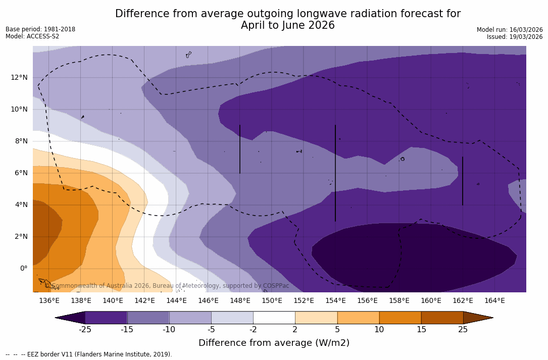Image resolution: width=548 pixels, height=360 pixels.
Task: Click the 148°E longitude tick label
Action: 240,300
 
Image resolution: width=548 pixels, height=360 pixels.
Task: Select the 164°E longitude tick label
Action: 494,300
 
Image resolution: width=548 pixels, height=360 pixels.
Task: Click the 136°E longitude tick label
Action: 49,300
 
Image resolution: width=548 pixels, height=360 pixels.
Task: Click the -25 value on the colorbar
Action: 85,330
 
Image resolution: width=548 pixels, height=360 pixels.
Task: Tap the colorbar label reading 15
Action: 421,330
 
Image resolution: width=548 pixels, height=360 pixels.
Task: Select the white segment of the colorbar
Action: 274,318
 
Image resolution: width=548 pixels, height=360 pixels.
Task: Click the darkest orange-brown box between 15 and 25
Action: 442,318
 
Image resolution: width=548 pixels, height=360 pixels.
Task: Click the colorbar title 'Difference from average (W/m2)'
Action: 274,343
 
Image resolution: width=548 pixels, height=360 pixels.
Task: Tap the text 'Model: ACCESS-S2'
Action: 32,36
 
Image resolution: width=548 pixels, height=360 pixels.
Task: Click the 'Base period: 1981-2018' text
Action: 40,29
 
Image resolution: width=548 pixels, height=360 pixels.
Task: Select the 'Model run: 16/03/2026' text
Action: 510,30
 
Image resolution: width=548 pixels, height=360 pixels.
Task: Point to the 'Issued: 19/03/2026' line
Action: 515,37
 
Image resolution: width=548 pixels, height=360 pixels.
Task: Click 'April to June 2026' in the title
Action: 287,25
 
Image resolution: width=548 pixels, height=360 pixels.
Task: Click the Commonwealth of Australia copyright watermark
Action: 167,286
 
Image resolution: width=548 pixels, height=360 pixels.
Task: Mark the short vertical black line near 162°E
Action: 463,181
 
